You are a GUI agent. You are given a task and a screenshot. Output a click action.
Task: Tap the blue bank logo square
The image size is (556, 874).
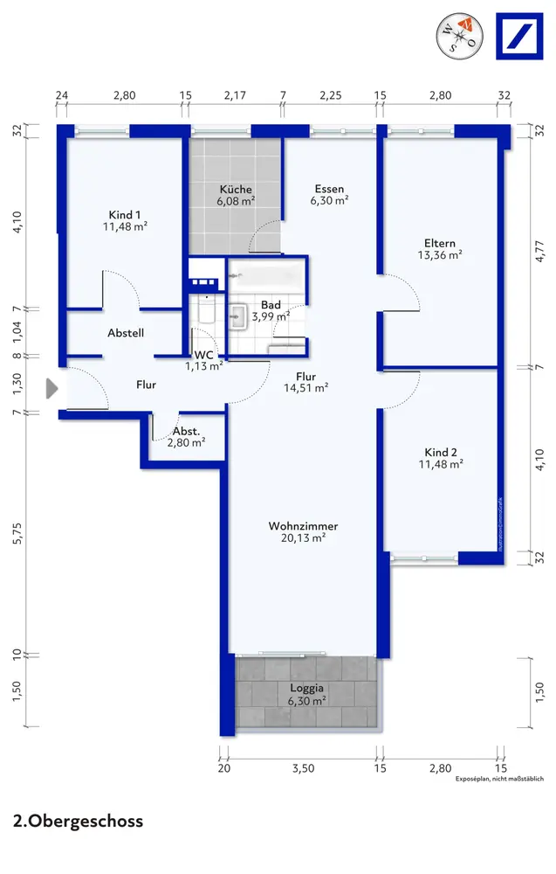(x=519, y=36)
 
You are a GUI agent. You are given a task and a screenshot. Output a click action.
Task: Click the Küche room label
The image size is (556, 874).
(x=236, y=189)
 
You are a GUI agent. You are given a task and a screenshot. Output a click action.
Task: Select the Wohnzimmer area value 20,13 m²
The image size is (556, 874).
(x=304, y=538)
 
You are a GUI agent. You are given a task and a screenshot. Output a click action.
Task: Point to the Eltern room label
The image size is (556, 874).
(x=440, y=243)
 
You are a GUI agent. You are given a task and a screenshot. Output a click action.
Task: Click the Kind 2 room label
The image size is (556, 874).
(x=441, y=452)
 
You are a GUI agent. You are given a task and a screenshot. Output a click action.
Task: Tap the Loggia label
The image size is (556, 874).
(x=306, y=689)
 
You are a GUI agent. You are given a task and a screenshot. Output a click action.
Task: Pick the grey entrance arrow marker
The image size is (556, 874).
(x=51, y=389)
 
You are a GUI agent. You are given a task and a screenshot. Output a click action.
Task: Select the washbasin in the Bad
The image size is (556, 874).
(x=239, y=316)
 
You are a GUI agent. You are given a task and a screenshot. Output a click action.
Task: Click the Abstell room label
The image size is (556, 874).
(x=126, y=333)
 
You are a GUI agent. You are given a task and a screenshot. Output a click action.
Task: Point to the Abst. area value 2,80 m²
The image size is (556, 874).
(x=187, y=443)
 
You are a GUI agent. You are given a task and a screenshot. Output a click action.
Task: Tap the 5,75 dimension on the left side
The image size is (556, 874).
(x=17, y=533)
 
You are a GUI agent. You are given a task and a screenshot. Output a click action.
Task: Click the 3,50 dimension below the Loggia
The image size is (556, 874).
(x=304, y=768)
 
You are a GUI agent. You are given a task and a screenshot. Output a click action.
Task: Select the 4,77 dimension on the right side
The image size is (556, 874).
(x=539, y=251)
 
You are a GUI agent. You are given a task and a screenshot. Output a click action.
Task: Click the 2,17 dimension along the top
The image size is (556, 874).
(x=235, y=95)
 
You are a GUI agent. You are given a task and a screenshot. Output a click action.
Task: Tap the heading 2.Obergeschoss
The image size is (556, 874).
(x=78, y=821)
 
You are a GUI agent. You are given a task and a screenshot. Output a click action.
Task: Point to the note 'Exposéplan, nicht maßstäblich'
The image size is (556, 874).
(x=500, y=779)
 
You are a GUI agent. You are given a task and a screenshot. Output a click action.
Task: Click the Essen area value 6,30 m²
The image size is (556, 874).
(x=329, y=201)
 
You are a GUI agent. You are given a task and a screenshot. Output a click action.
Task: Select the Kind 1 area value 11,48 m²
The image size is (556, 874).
(x=125, y=226)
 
